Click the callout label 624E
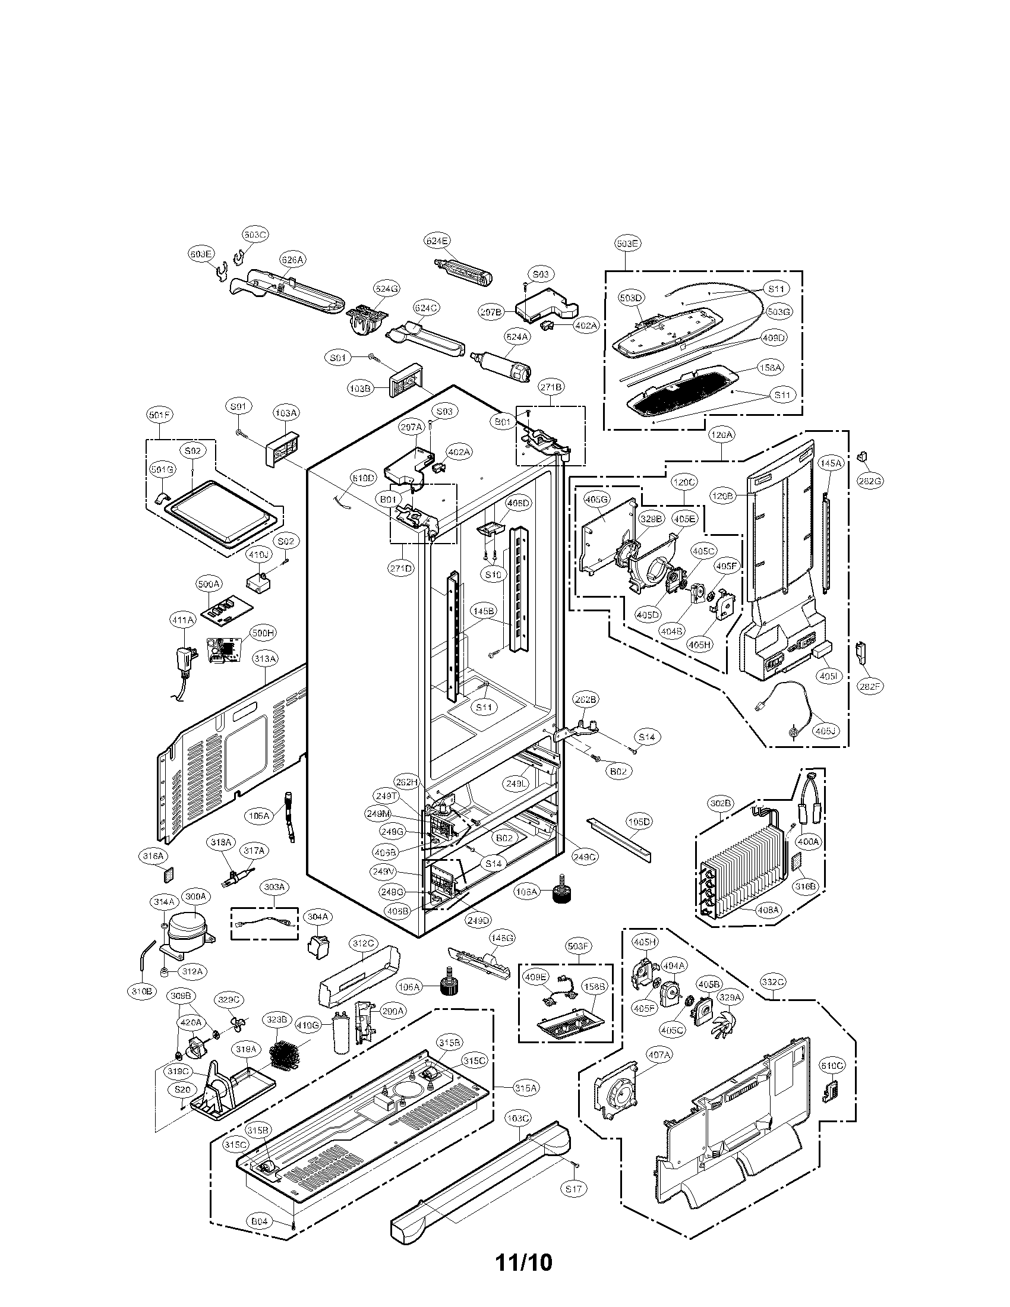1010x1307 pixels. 437,241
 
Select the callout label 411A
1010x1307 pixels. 183,621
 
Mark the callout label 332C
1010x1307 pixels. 773,982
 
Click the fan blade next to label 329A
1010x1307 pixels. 725,1031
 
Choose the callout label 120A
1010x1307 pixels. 722,435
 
